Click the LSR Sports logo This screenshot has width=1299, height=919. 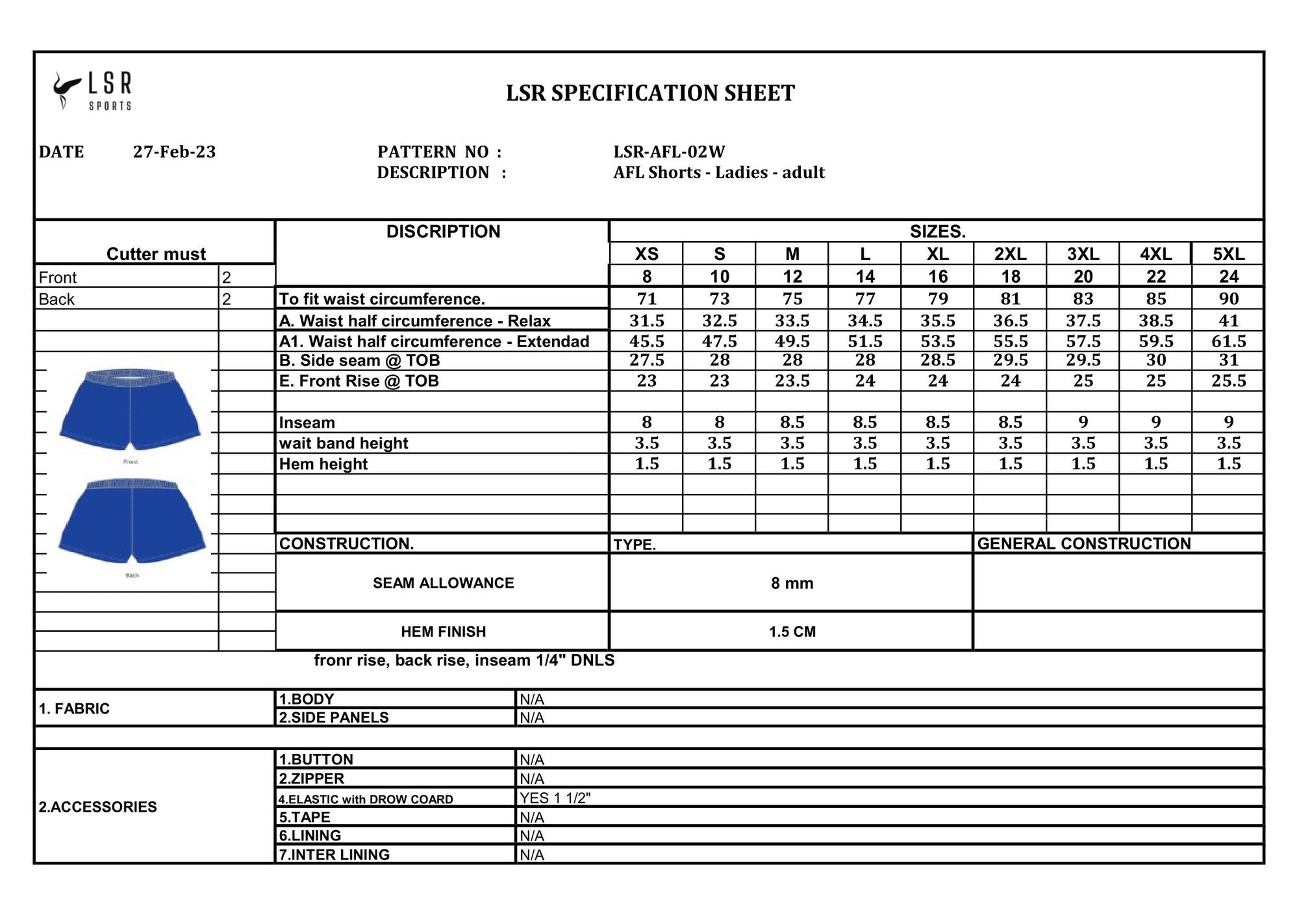click(x=93, y=91)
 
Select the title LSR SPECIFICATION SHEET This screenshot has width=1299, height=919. click(x=650, y=94)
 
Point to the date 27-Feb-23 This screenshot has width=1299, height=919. click(x=174, y=152)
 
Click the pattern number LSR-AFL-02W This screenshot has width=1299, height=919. click(x=669, y=152)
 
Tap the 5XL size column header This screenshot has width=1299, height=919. click(x=1228, y=254)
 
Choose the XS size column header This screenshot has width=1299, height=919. click(x=646, y=254)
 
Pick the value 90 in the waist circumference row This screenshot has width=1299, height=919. click(x=1228, y=299)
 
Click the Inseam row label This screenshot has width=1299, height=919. click(x=307, y=423)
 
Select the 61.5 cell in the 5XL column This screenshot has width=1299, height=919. click(x=1228, y=342)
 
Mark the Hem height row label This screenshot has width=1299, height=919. click(x=323, y=464)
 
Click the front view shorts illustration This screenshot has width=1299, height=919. click(x=131, y=408)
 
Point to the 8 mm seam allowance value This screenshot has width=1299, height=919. click(x=792, y=584)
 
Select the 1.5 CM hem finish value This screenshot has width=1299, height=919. click(x=792, y=632)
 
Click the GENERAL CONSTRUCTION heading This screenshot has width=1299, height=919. click(x=1083, y=544)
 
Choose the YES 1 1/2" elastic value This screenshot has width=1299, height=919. click(x=555, y=798)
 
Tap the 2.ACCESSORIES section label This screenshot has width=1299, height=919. click(x=97, y=807)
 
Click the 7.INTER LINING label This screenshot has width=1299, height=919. click(x=334, y=855)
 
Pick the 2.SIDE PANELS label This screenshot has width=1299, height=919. click(x=334, y=718)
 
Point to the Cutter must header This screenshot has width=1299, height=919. click(x=156, y=254)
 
